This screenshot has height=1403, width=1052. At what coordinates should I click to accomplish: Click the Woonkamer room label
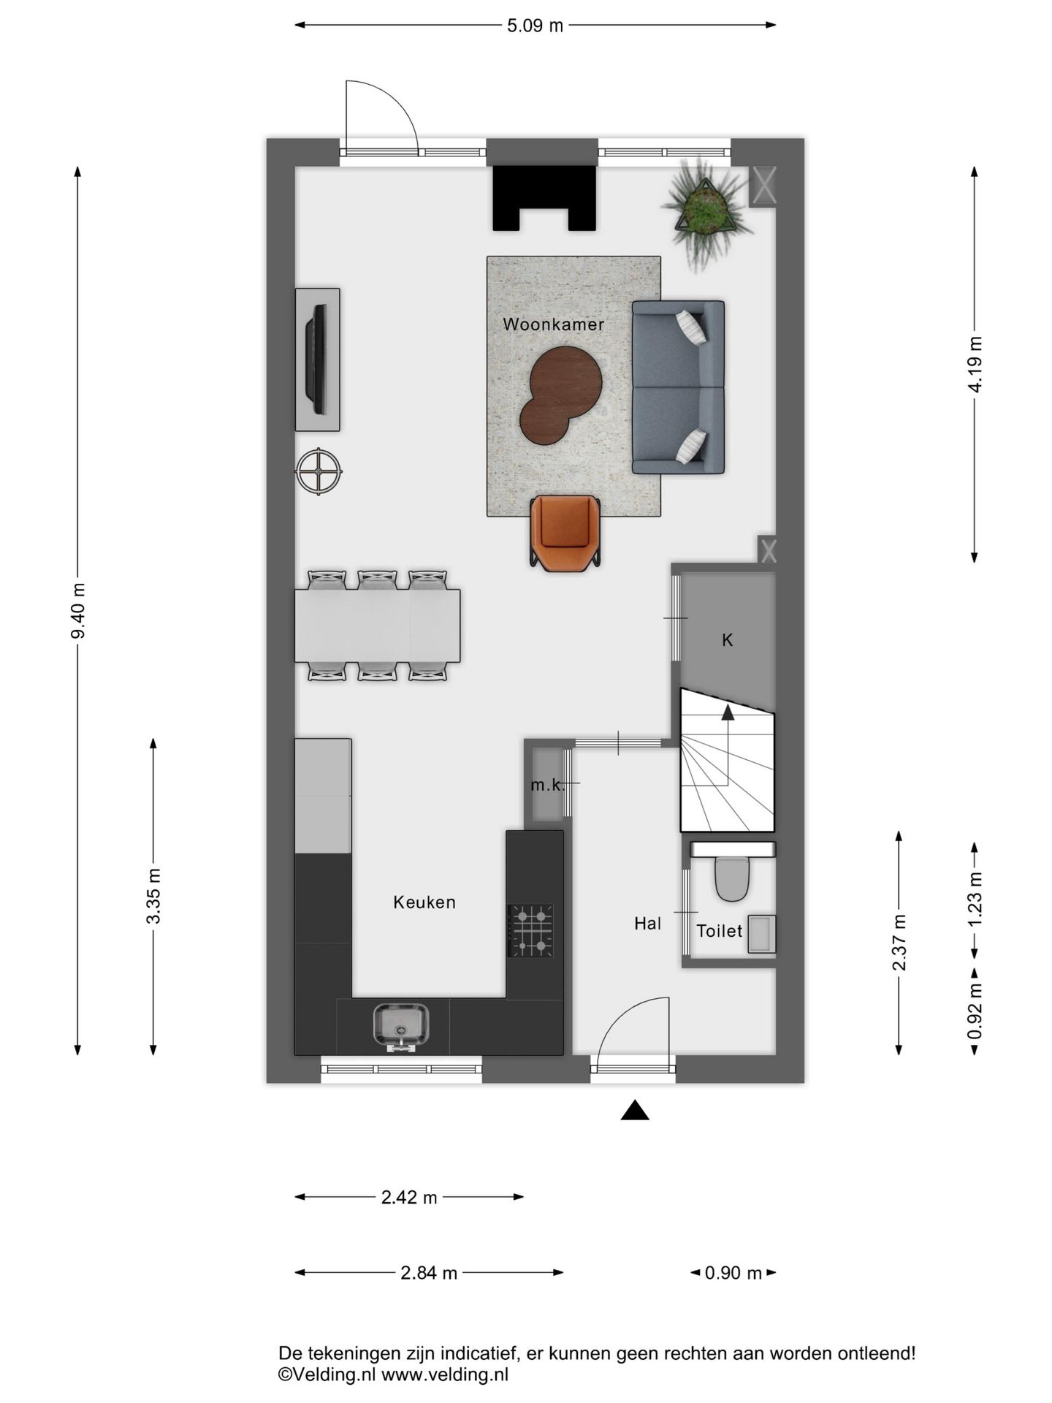pos(553,324)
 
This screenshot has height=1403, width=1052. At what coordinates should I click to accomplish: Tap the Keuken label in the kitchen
pos(424,902)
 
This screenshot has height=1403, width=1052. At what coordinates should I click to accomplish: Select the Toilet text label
pos(719,931)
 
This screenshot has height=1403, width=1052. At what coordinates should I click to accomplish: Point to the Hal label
pos(647,924)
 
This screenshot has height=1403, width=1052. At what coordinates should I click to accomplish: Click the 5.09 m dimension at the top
pos(535,26)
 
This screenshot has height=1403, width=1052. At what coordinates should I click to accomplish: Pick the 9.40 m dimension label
pos(78,610)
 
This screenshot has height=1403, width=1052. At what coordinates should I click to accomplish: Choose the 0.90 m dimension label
pos(733,1273)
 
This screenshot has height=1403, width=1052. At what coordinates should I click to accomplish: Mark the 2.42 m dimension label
pos(409,1197)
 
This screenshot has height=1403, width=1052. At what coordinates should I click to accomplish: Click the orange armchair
pos(565,533)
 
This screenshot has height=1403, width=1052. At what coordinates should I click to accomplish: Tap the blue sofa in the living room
pos(678,387)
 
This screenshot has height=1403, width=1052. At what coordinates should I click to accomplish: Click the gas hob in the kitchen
pos(531,930)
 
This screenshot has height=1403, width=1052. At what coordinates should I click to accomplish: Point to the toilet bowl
pos(732,878)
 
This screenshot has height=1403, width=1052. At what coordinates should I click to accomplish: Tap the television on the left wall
pos(318,359)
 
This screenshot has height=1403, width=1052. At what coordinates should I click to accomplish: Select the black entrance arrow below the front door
pos(635,1110)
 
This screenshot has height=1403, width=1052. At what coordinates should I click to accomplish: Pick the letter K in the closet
pos(727,640)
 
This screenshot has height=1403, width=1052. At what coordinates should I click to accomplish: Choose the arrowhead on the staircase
pos(728,712)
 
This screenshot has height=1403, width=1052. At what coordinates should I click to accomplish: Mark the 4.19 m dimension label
pos(975,364)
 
